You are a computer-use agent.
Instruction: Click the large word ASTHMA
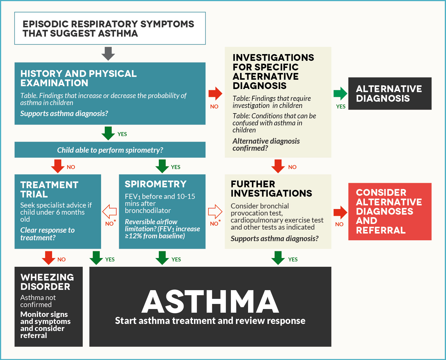click(x=210, y=302)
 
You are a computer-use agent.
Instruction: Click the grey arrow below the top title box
click(x=108, y=54)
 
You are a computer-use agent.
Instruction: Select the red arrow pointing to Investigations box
click(x=215, y=94)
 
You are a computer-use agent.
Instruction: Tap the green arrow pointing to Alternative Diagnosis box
click(x=340, y=94)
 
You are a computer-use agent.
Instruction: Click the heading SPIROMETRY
click(x=155, y=184)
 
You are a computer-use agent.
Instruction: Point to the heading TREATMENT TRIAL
click(x=49, y=190)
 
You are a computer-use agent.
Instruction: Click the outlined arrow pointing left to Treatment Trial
click(x=110, y=211)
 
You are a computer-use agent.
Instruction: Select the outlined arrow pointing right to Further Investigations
click(x=215, y=211)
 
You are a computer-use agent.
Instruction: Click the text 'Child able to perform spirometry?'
click(x=110, y=150)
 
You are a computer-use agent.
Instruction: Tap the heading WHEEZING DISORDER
click(x=47, y=282)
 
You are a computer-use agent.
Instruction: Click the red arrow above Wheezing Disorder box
click(x=48, y=258)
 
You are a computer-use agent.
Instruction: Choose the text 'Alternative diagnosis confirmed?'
click(x=266, y=145)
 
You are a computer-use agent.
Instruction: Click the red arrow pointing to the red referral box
click(x=340, y=212)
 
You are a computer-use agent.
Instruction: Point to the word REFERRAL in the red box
click(x=381, y=230)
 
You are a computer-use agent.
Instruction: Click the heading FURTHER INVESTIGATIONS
click(x=271, y=188)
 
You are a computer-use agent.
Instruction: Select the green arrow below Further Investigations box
click(x=278, y=258)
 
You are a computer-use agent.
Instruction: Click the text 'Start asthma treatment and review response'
click(x=210, y=321)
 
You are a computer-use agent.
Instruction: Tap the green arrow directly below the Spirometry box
click(x=162, y=258)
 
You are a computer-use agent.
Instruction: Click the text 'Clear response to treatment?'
click(x=47, y=234)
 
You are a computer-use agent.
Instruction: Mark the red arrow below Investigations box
click(x=278, y=166)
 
